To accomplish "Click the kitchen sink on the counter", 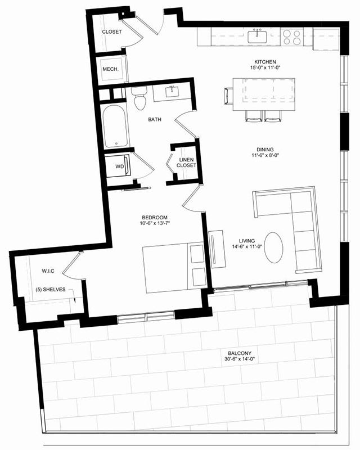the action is coord(257,37).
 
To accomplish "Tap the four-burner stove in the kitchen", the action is coord(292,37).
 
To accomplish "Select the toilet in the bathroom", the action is coord(140,98).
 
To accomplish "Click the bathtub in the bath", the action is coord(114,126).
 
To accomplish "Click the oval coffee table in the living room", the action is coord(273,247).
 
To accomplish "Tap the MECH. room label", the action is coord(111,69).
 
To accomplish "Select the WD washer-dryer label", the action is coord(120,166).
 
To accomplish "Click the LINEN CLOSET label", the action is coord(186,163).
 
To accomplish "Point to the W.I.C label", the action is coord(48,271).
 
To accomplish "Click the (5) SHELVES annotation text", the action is coord(51,290).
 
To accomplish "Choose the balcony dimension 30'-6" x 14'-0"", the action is coord(240,359).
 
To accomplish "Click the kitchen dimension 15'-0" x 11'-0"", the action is coord(265,67).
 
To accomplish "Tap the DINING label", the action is coord(265,150).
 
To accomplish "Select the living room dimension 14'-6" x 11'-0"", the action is coord(247,246).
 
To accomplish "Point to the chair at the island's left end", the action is coord(228,96).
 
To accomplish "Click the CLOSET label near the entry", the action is coord(112,32).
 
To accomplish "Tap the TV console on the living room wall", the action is coord(217,249).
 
